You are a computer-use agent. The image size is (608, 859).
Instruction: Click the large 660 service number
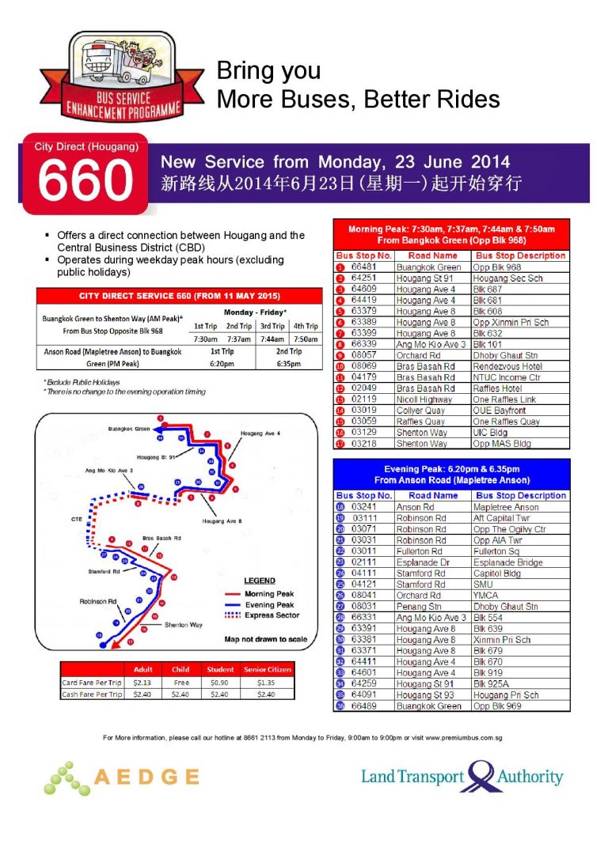tap(85, 181)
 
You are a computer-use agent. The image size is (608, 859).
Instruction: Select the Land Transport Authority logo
tap(462, 776)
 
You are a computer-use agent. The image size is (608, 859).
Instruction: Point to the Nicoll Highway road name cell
tap(426, 400)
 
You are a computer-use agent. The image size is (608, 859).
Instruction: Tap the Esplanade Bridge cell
tap(507, 562)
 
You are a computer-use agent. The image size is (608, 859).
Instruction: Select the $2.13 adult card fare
tap(143, 682)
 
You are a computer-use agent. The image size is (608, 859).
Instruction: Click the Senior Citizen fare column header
tap(268, 669)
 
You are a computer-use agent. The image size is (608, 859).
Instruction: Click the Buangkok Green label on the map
tap(128, 429)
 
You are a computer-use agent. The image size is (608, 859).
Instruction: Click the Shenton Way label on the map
tap(183, 625)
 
